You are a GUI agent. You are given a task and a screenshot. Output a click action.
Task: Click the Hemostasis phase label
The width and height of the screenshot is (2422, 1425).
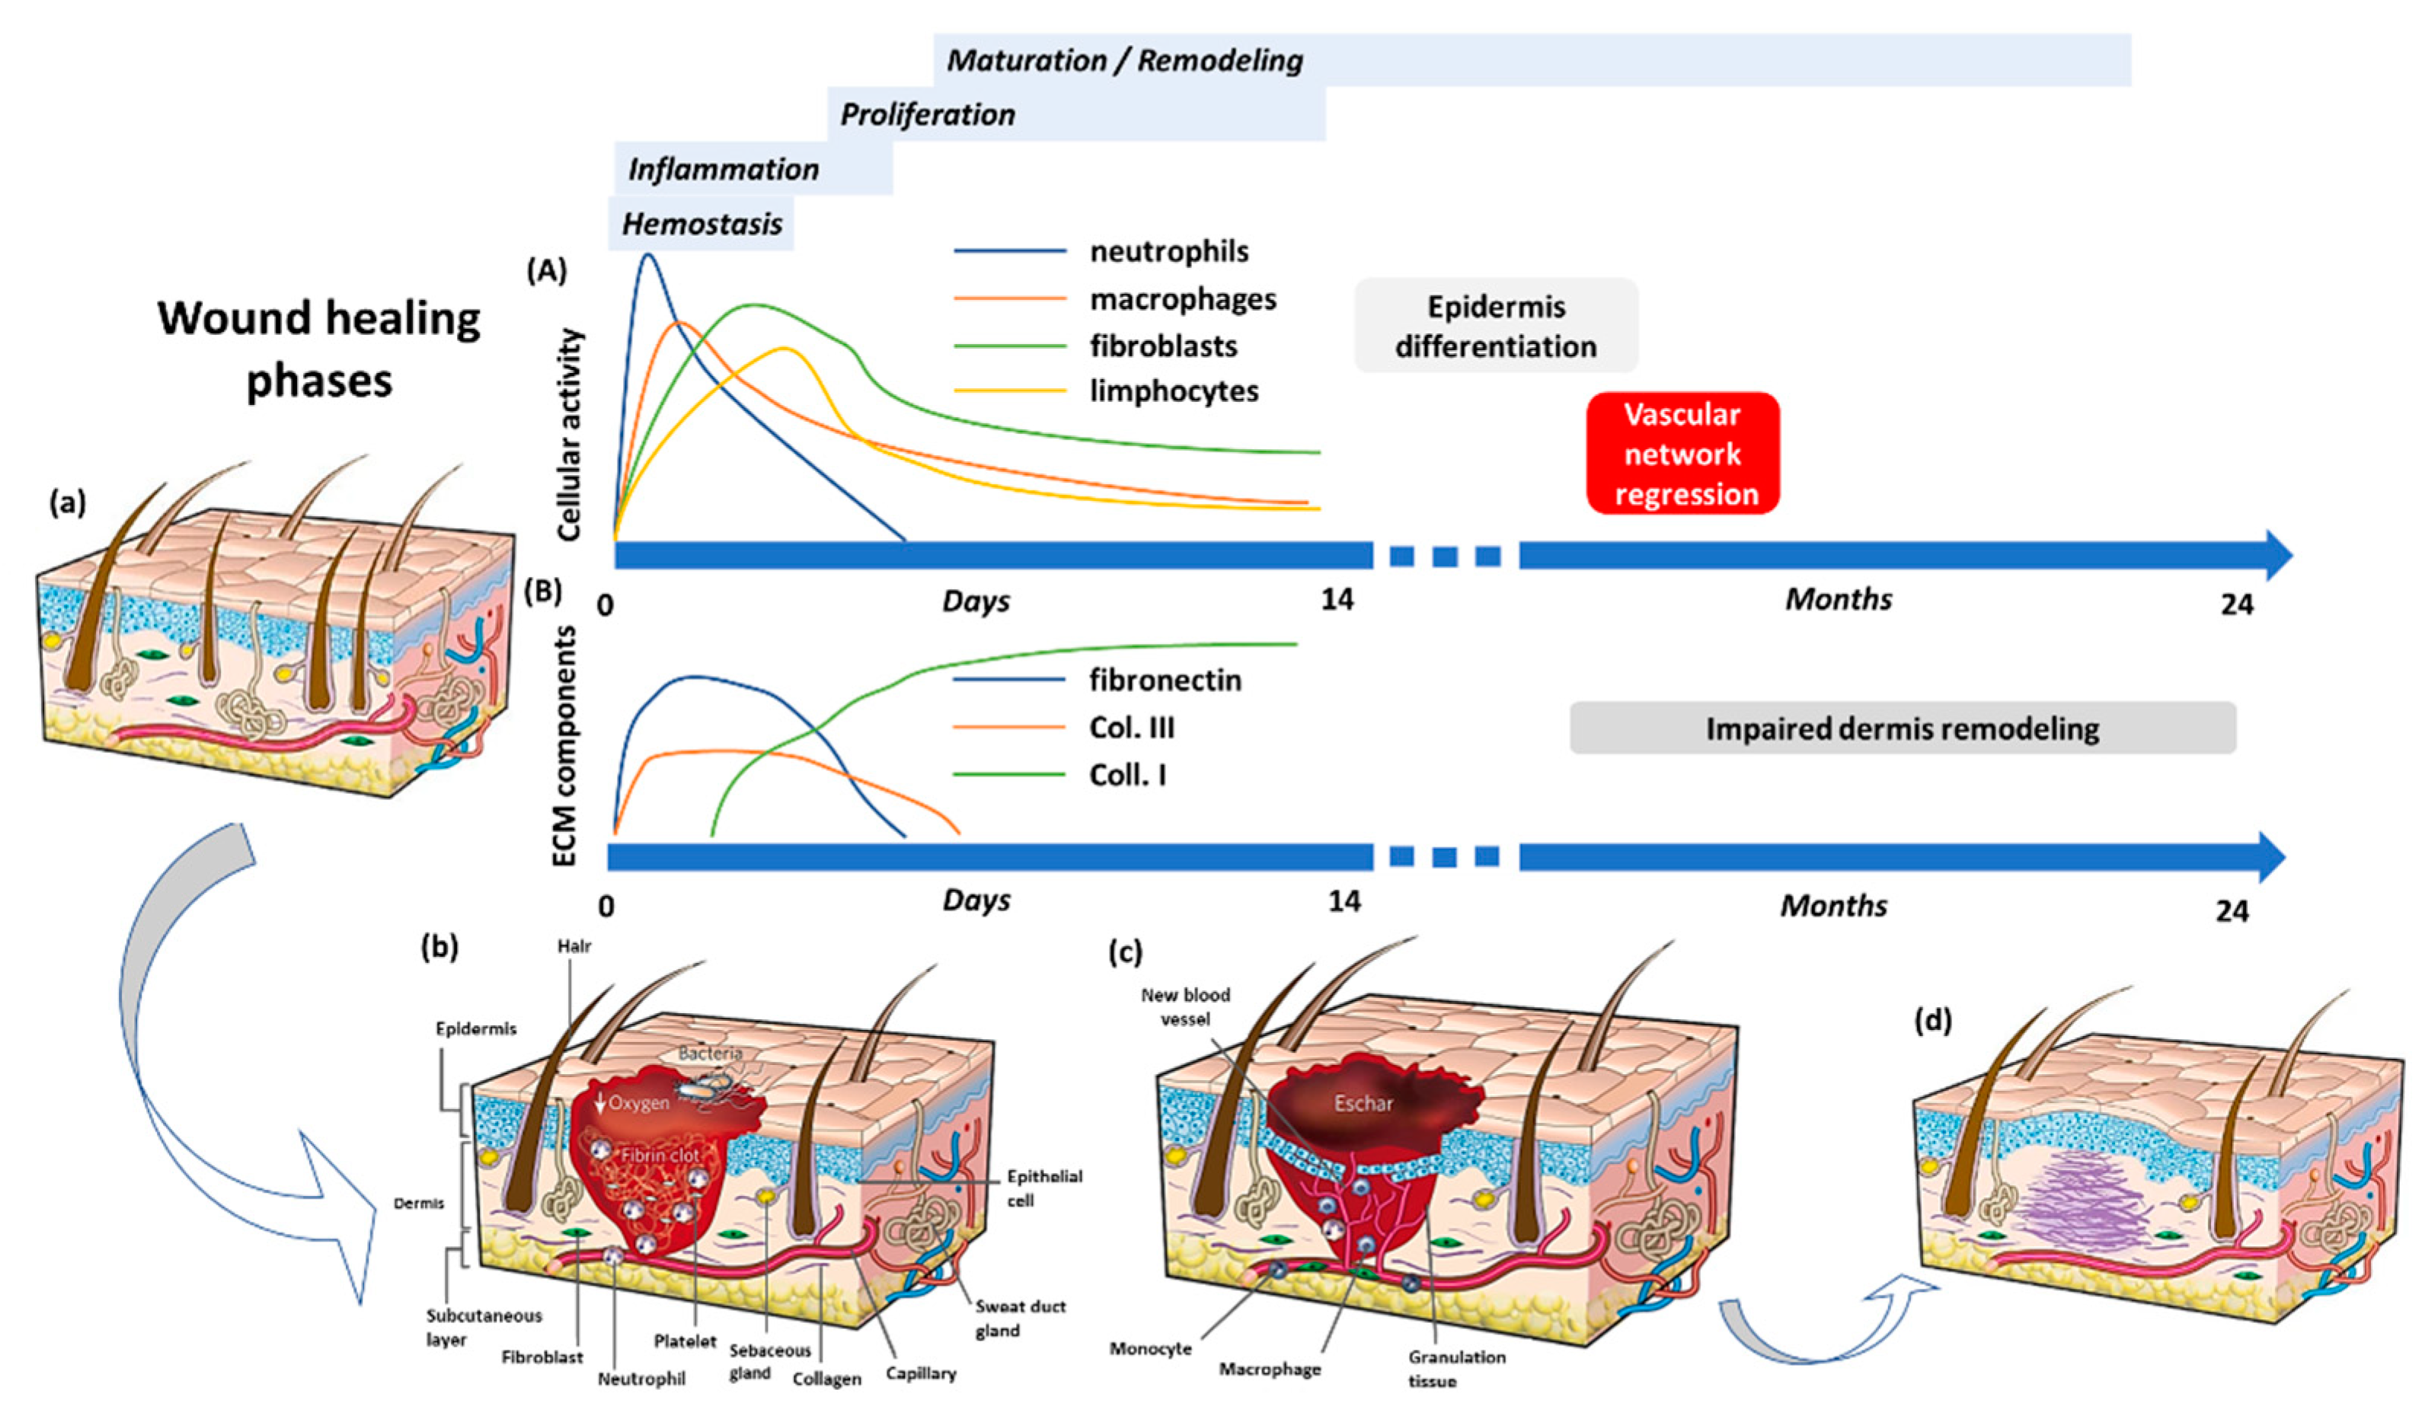[x=701, y=224]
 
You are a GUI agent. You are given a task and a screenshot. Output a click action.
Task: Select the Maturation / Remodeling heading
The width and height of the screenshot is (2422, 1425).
[x=1124, y=61]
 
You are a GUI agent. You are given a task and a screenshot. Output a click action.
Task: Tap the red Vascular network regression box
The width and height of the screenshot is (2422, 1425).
[x=1682, y=454]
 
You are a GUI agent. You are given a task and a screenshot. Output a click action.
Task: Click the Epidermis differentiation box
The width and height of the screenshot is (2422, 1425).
[x=1496, y=327]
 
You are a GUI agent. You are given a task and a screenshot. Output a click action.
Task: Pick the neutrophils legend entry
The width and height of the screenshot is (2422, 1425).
[x=1168, y=252]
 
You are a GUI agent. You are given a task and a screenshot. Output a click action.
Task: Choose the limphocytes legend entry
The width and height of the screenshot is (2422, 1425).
[x=1174, y=391]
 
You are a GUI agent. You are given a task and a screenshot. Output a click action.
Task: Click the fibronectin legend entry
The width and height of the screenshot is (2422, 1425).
[x=1165, y=681]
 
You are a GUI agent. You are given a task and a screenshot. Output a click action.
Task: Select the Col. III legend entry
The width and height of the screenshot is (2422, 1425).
[x=1131, y=728]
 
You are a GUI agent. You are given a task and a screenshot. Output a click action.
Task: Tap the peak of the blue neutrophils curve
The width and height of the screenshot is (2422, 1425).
[x=649, y=255]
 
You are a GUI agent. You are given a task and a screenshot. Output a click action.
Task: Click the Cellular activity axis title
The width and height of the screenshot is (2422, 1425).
[x=570, y=435]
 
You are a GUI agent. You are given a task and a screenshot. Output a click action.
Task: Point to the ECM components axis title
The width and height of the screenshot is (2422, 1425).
[x=566, y=747]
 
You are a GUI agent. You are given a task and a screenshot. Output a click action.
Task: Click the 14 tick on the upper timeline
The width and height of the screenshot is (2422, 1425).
[x=1337, y=601]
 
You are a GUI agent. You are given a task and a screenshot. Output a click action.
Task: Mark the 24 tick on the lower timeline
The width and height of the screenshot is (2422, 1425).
[x=2232, y=911]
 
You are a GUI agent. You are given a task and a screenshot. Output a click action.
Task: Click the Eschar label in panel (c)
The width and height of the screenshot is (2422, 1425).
[x=1362, y=1103]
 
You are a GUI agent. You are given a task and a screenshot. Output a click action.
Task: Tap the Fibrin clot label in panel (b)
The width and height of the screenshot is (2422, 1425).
[x=660, y=1155]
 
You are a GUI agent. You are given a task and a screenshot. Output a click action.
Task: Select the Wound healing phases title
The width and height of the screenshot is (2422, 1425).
[x=319, y=349]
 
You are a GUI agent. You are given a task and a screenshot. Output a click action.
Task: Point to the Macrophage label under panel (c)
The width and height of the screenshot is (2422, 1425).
[x=1270, y=1369]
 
